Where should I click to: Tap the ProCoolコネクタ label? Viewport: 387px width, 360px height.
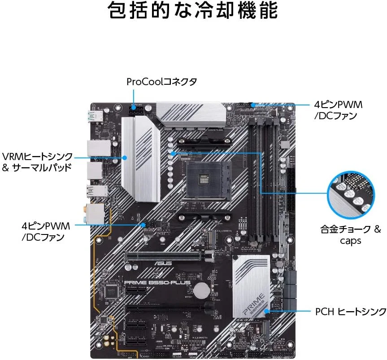click(161, 82)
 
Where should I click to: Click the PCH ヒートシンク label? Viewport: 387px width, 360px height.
click(350, 311)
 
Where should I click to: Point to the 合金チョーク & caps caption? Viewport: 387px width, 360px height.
click(350, 235)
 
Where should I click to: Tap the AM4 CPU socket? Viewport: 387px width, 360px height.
click(204, 180)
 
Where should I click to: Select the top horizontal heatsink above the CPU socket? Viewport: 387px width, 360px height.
click(190, 116)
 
